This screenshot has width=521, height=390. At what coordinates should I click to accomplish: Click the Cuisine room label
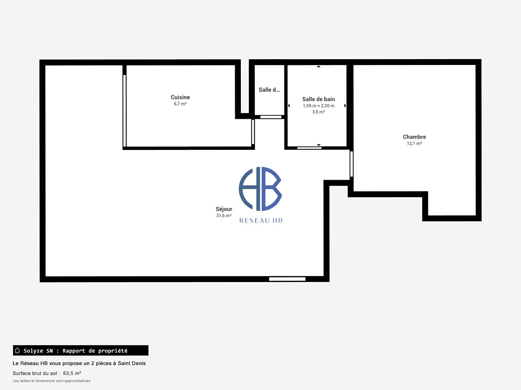pos(180,97)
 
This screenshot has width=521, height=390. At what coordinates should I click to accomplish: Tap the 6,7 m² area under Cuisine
pos(180,104)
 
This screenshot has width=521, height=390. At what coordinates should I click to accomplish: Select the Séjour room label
pos(224,209)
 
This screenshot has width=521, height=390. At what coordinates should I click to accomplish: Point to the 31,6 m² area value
pos(224,216)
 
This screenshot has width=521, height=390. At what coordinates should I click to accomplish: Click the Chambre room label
pos(414,137)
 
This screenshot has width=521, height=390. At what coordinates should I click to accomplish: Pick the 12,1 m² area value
pos(414,143)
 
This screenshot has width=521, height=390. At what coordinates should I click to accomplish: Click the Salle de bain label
pos(318,99)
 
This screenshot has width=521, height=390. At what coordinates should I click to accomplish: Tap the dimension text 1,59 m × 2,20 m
pos(318,105)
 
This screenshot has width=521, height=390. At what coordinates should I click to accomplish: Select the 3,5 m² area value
pos(318,112)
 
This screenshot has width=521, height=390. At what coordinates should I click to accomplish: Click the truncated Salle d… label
pos(269,90)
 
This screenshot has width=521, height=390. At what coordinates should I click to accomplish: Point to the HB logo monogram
pos(260,189)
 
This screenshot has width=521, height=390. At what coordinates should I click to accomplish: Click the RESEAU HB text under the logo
pos(261,221)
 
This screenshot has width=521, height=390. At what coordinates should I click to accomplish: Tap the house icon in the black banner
pos(17,350)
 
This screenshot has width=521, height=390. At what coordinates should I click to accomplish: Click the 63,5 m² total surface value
pos(72,373)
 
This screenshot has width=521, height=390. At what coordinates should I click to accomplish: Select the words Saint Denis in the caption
pos(132,363)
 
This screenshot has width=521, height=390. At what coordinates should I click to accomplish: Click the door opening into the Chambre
pos(352,164)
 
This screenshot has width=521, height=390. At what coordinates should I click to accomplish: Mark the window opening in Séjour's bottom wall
pos(287,279)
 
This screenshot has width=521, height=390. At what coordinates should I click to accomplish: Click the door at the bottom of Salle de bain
pos(309,148)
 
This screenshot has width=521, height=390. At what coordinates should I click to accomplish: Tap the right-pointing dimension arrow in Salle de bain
pos(345,105)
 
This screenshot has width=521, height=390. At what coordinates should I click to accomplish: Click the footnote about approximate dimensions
pos(51,381)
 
